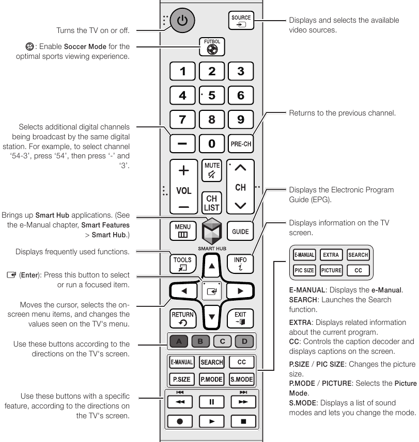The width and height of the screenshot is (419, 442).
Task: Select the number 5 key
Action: coord(212,95)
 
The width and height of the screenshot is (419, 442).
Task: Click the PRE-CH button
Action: coord(241,143)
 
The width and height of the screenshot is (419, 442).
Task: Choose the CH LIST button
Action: coord(212,202)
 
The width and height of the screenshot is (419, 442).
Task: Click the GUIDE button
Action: coord(241,232)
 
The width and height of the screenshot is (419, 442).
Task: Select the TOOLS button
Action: coord(183,262)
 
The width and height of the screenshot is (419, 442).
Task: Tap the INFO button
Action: coord(241,262)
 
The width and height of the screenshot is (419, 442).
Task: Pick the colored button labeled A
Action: coord(180,341)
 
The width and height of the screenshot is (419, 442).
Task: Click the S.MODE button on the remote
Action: coord(241,379)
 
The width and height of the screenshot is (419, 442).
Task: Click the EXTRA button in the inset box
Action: coord(330,255)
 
